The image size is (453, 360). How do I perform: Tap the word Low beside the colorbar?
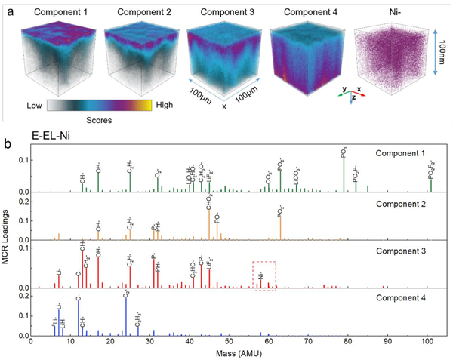[32, 107]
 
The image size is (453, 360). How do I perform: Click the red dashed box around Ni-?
[264, 276]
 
